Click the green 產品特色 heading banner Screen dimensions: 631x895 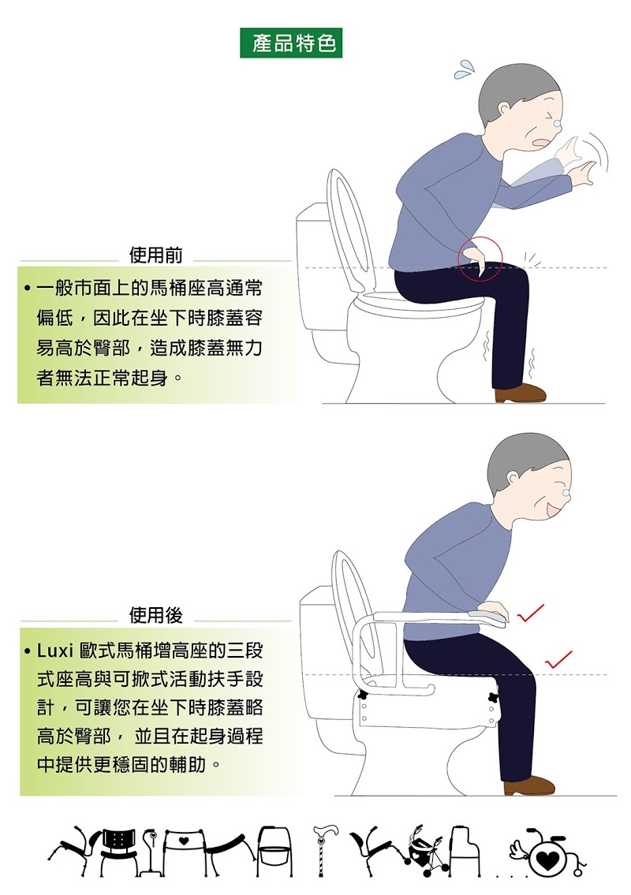point(291,43)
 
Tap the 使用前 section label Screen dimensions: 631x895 point(156,255)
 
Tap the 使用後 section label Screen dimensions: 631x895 point(156,615)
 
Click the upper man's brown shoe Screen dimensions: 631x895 point(520,393)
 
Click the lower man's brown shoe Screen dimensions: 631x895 point(528,785)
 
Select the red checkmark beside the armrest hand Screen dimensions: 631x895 point(531,613)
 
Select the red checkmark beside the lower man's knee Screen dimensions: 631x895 point(558,660)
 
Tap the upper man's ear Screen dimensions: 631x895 point(504,110)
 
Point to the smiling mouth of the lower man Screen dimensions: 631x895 point(553,509)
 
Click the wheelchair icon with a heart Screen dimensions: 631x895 point(547,855)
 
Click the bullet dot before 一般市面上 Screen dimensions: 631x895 point(27,288)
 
